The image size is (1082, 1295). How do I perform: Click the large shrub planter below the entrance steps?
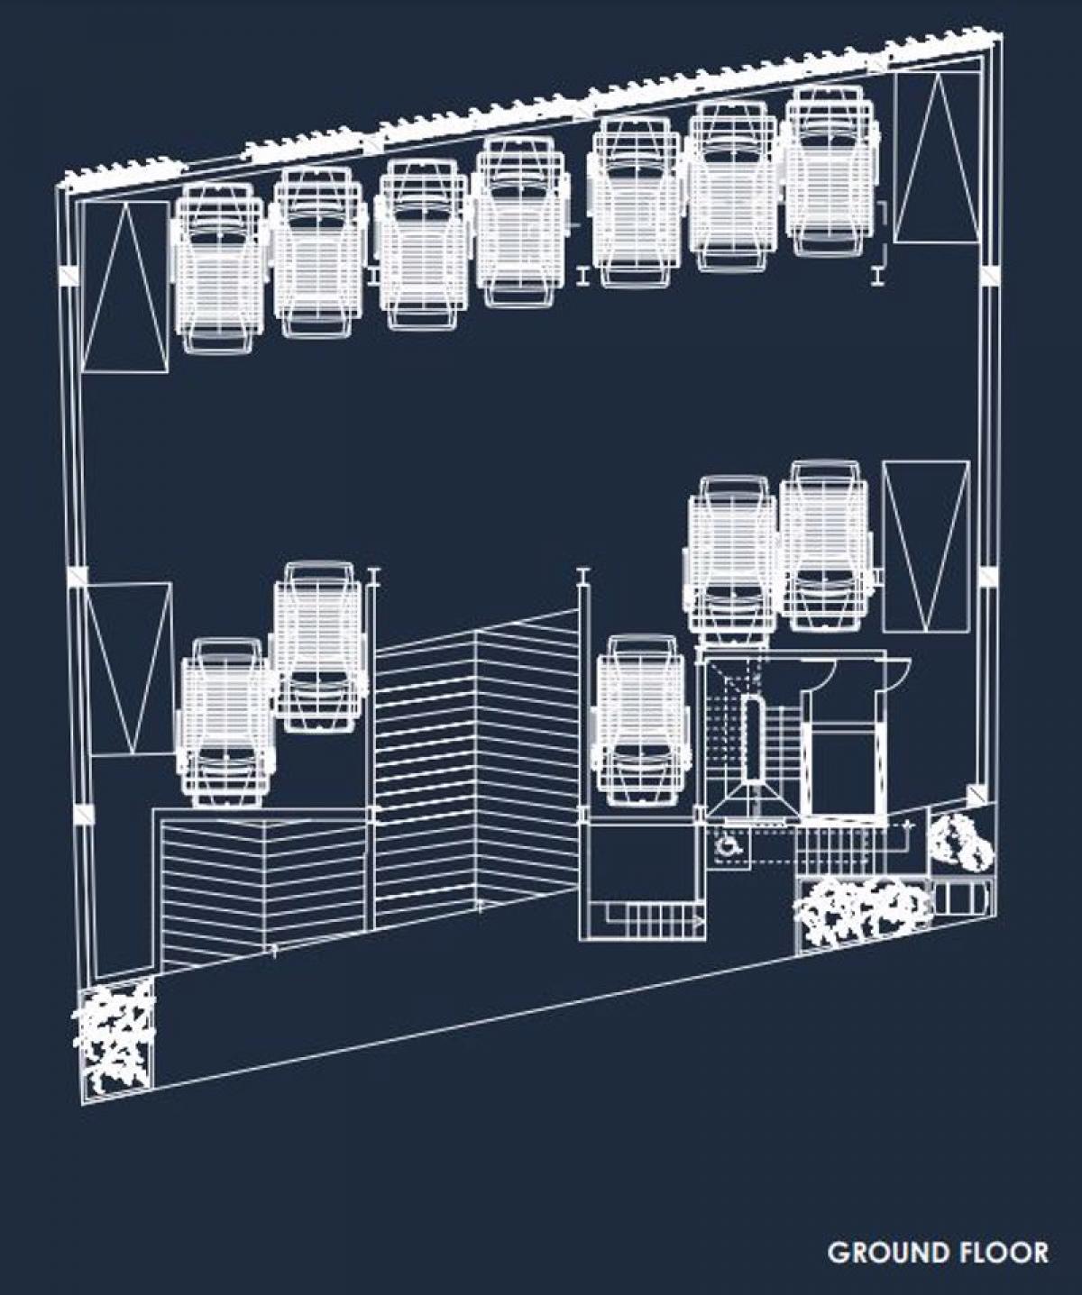pyautogui.click(x=863, y=909)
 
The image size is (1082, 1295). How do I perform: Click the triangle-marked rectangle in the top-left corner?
pyautogui.click(x=124, y=287)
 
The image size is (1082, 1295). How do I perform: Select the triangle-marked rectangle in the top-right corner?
pyautogui.click(x=936, y=158)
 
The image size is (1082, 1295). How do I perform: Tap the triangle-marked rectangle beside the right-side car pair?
pyautogui.click(x=926, y=546)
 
